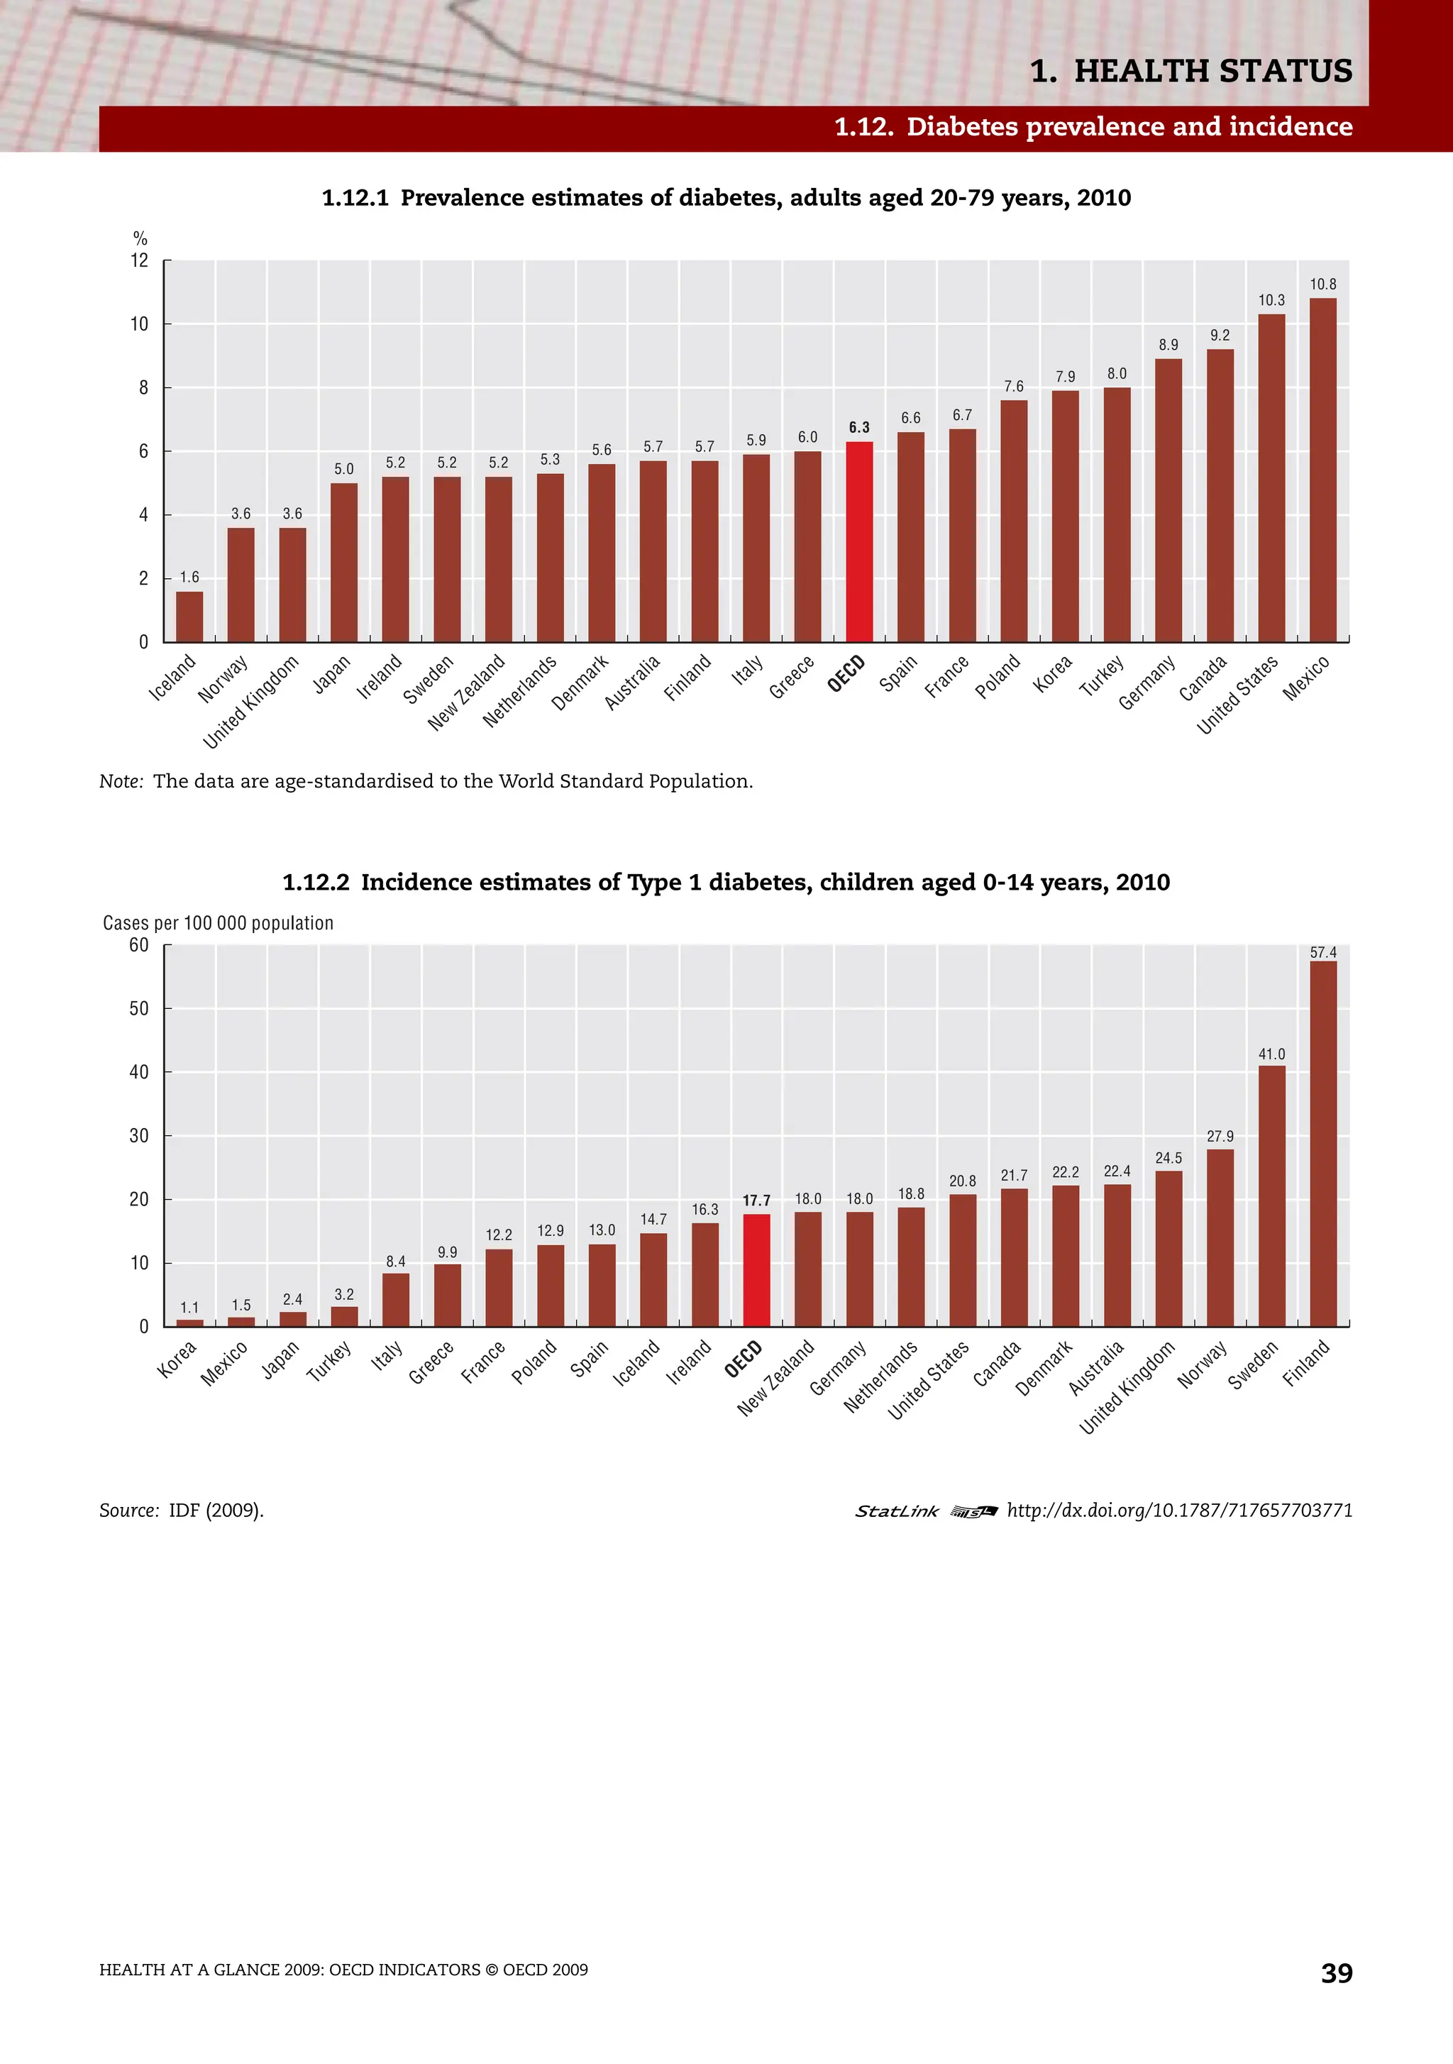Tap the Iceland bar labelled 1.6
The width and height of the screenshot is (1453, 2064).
(189, 617)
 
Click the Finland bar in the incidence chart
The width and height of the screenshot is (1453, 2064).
(1322, 1144)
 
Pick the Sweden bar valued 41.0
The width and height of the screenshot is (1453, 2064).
(1271, 1196)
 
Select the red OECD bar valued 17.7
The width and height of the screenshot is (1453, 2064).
(756, 1269)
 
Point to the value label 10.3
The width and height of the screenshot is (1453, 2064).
(1271, 300)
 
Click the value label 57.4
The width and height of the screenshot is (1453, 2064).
(1322, 952)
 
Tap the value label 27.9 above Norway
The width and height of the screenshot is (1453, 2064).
(1220, 1136)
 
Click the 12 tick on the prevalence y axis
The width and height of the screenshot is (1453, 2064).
(139, 260)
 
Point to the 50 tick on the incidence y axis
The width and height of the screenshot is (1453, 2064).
(138, 1009)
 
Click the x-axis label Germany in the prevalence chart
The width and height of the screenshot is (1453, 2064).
(1147, 683)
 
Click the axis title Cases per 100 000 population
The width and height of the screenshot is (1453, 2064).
(218, 923)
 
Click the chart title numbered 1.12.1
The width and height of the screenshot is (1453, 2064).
(726, 198)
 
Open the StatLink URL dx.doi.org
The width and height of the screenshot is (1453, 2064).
(1178, 1511)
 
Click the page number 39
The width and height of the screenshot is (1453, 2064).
(1336, 1972)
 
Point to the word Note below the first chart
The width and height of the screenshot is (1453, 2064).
(121, 781)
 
